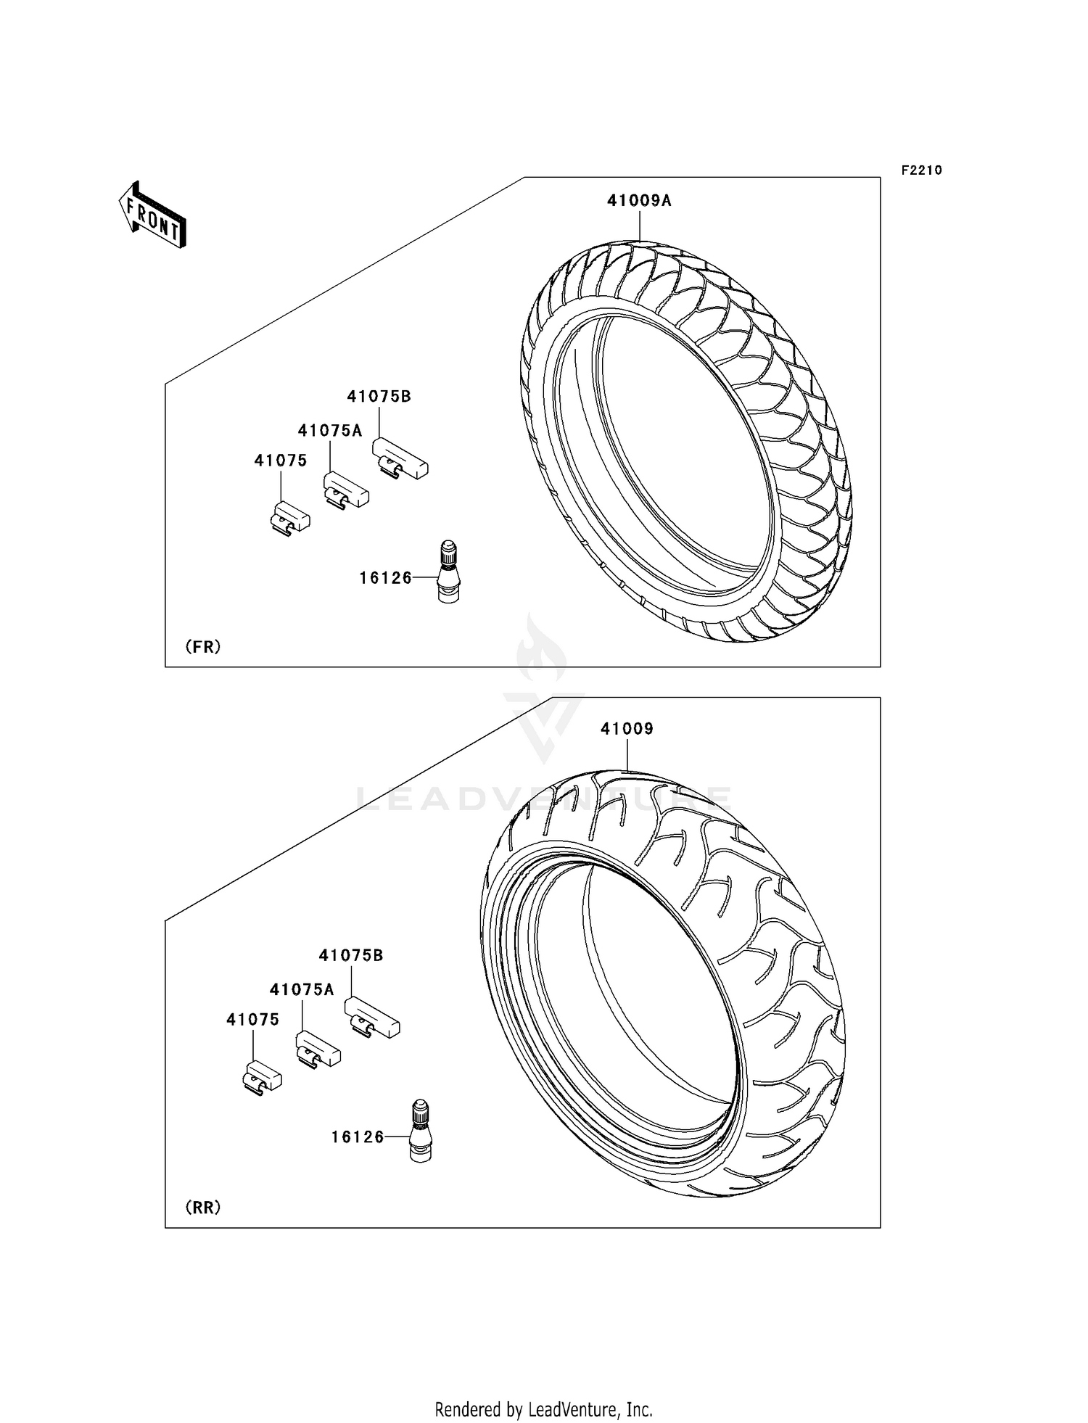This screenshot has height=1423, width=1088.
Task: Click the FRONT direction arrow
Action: click(x=152, y=215)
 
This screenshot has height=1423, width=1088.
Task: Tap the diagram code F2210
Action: click(x=921, y=170)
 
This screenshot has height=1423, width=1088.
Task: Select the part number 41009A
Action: click(x=639, y=201)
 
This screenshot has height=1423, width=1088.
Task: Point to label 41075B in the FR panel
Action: click(x=379, y=397)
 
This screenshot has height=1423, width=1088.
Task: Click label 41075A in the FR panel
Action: click(x=329, y=431)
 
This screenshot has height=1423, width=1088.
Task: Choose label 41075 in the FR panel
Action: click(x=280, y=461)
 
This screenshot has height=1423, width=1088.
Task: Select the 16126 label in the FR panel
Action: click(x=385, y=578)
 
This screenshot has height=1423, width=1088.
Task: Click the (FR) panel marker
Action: click(x=203, y=646)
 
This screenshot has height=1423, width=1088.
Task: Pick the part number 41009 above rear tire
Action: click(x=627, y=729)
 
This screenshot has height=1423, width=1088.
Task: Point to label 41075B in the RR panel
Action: click(x=351, y=956)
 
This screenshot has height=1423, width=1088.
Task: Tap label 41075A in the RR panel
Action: click(x=302, y=990)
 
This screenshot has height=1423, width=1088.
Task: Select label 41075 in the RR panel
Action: click(x=252, y=1020)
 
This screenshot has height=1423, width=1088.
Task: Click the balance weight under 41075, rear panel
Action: click(x=262, y=1077)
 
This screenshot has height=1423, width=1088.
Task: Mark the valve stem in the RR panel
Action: click(x=421, y=1131)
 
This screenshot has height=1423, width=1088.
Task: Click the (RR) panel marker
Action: click(x=203, y=1207)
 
